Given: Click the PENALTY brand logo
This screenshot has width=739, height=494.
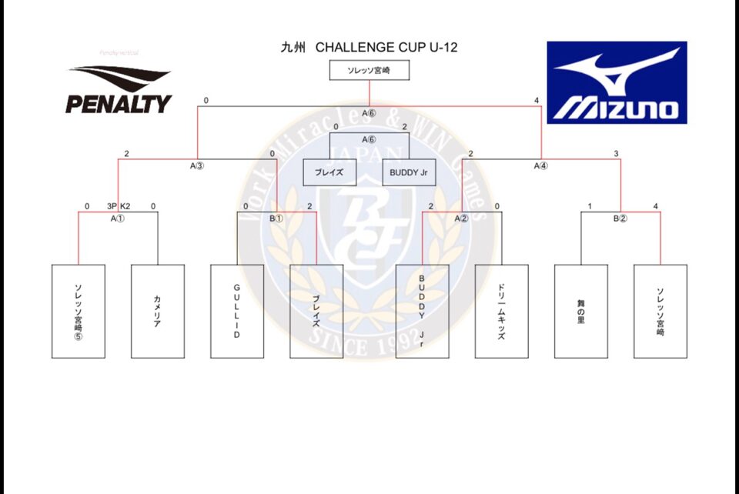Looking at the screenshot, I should click(x=119, y=90).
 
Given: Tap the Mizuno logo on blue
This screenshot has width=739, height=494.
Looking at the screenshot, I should click(x=616, y=82).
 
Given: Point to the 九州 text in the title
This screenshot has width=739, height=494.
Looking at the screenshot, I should click(x=293, y=48).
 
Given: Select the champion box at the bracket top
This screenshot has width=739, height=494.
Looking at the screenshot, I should click(x=369, y=71).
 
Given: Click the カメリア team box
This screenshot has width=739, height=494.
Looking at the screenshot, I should click(x=157, y=311).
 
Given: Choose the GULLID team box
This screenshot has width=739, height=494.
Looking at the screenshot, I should click(x=236, y=311).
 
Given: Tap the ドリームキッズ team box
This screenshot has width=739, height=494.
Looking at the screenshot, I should click(x=501, y=311).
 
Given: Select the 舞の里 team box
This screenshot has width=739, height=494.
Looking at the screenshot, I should click(x=580, y=311).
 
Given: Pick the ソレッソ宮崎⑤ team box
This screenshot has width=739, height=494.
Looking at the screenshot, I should click(x=78, y=311).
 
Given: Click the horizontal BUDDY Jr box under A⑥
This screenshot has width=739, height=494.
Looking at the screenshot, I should click(x=408, y=172).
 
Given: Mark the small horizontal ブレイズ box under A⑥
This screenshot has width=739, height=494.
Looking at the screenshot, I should click(x=329, y=172).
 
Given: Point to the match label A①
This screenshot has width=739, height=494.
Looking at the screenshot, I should click(x=118, y=219).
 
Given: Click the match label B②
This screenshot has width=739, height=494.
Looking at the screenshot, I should click(x=620, y=219).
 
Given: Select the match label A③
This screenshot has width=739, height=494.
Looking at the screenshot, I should click(x=197, y=165).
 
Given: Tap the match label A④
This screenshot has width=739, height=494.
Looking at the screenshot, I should click(x=541, y=165).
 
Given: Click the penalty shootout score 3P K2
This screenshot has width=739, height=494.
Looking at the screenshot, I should click(x=119, y=206).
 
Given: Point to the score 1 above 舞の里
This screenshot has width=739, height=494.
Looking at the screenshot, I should click(x=589, y=206).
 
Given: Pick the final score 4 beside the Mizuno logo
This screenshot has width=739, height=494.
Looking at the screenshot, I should click(x=537, y=101).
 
